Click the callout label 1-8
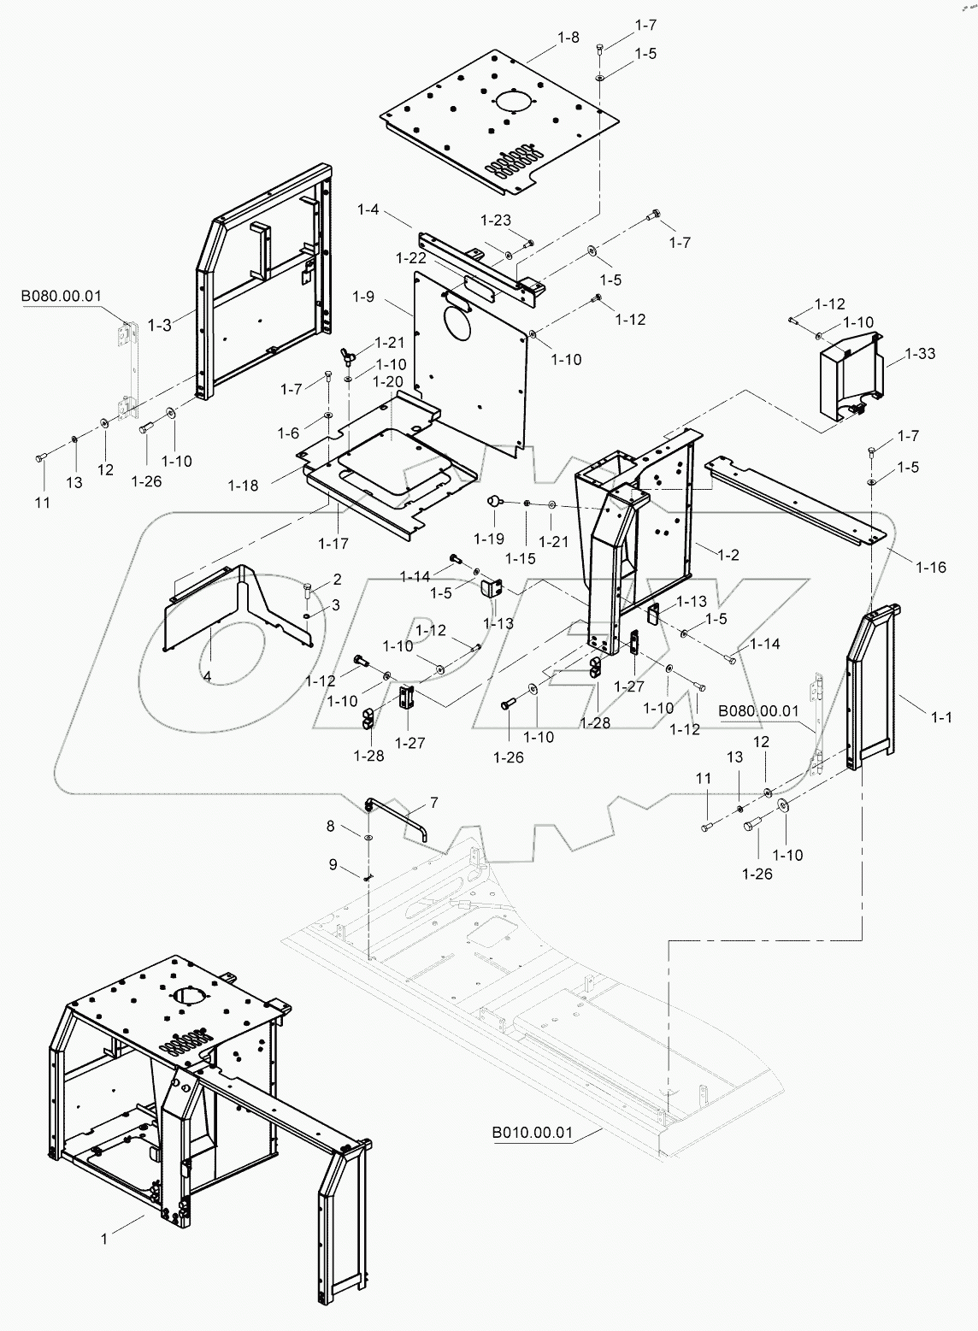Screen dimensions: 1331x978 pyautogui.click(x=568, y=37)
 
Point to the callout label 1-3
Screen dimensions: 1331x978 pyautogui.click(x=160, y=325)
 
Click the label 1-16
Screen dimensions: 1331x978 pyautogui.click(x=930, y=567)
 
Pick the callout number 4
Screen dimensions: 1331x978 pyautogui.click(x=207, y=675)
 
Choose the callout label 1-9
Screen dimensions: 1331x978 pyautogui.click(x=363, y=297)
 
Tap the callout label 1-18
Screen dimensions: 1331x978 pyautogui.click(x=243, y=485)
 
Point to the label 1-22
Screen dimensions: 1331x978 pyautogui.click(x=410, y=257)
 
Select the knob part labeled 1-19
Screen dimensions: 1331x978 pyautogui.click(x=494, y=501)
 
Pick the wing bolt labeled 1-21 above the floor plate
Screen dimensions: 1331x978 pyautogui.click(x=348, y=353)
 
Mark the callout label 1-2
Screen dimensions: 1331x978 pyautogui.click(x=728, y=555)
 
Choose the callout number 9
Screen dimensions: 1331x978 pyautogui.click(x=333, y=864)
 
